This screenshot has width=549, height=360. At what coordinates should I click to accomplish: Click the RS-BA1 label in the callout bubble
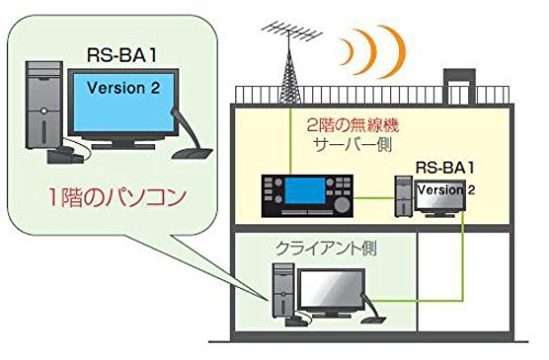122,54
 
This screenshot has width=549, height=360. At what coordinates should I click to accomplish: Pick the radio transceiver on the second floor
307,196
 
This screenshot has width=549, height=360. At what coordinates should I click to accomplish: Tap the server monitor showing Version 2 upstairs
440,194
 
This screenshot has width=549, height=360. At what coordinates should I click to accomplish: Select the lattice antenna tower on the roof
289,72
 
